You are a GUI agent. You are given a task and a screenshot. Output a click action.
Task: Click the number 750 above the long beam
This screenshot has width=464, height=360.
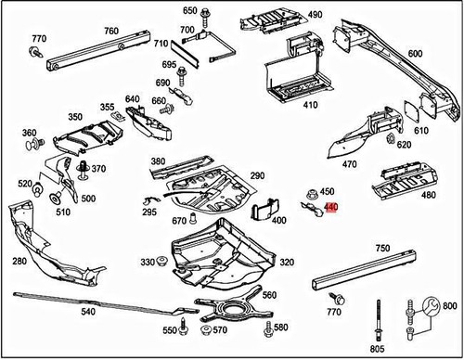click(382, 250)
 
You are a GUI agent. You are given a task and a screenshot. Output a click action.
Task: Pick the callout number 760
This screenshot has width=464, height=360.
click(110, 32)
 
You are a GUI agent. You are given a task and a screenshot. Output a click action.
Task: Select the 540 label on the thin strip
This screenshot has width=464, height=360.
click(88, 314)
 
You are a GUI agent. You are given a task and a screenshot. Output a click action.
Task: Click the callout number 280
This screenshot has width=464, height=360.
click(19, 263)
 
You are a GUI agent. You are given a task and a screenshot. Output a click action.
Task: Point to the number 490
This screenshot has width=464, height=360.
click(315, 15)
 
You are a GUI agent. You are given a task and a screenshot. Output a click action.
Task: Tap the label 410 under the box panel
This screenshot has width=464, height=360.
click(309, 104)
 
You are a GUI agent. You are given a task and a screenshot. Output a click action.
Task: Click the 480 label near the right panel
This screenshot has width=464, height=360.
click(428, 195)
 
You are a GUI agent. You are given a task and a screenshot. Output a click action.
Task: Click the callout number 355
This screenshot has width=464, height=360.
click(108, 108)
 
